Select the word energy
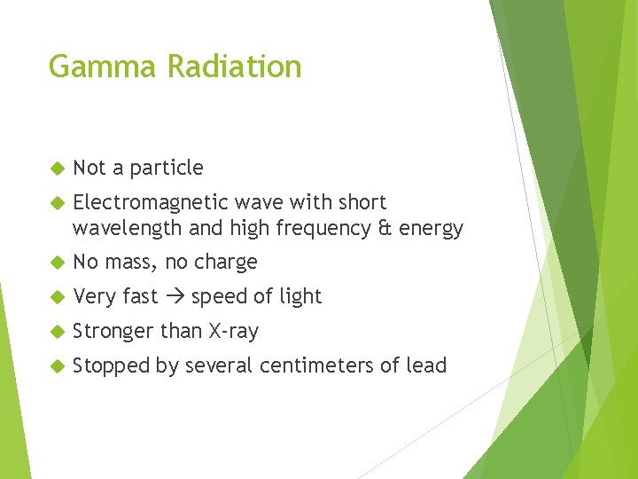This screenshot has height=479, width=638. [x=431, y=230]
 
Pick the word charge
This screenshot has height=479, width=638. [x=226, y=263]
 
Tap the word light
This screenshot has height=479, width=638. [x=299, y=297]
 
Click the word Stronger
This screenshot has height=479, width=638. [x=113, y=332]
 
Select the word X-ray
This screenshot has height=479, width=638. [x=233, y=332]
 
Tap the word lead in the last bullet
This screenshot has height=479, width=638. [x=428, y=365]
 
